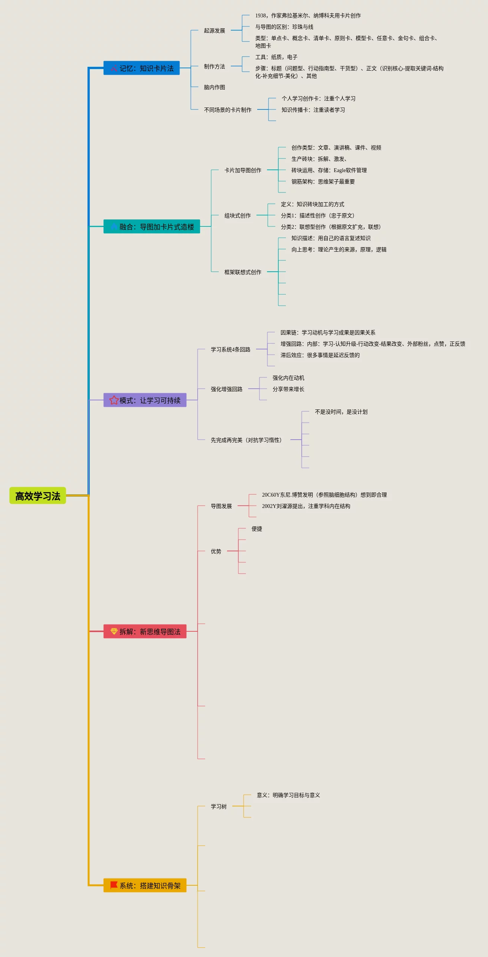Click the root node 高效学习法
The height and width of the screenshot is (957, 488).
38,495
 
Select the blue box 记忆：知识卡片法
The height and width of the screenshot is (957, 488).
141,68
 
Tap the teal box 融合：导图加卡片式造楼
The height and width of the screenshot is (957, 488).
152,227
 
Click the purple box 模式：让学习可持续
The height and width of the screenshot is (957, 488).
145,400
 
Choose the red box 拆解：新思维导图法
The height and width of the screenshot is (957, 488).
145,631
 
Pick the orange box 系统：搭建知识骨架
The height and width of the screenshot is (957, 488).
145,885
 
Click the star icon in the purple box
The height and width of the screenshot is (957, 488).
114,400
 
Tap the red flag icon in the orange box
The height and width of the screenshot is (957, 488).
114,885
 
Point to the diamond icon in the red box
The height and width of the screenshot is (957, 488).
114,631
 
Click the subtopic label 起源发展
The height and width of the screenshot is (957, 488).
214,31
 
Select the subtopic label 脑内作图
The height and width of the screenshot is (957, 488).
214,87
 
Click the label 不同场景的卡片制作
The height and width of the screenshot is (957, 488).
227,110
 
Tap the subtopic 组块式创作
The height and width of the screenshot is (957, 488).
237,215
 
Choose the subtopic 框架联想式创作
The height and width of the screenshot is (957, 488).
242,272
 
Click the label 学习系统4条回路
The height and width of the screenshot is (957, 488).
230,349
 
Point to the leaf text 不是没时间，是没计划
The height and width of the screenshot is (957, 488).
341,412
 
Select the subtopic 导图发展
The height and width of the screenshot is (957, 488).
221,506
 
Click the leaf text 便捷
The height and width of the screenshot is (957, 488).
256,529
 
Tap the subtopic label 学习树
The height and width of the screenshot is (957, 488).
218,806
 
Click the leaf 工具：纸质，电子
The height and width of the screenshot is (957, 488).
276,57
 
